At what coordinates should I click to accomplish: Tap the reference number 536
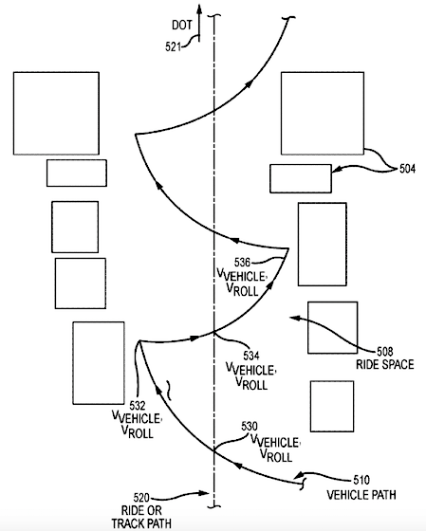242,263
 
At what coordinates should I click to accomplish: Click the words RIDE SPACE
384,363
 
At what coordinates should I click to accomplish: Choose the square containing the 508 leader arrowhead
331,327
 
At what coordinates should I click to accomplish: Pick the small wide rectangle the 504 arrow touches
300,178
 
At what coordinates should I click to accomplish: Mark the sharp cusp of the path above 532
139,341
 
